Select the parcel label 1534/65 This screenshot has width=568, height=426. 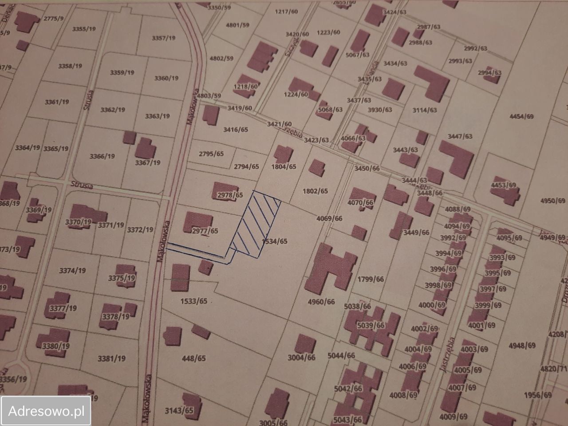coord(275,241)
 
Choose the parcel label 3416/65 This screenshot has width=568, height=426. coord(236,130)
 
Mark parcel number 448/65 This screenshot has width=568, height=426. coord(194,358)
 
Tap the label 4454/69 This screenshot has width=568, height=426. coord(521,116)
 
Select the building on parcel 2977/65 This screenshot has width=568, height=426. coord(197,221)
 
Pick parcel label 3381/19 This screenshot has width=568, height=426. coord(111,358)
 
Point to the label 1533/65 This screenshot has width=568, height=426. coord(194,301)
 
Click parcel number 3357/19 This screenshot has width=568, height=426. coord(164,38)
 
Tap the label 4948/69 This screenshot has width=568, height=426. coord(522,345)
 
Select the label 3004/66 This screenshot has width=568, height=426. coord(301,357)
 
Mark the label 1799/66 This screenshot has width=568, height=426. coord(370,279)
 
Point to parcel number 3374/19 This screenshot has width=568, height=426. coord(72,270)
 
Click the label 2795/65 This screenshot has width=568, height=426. coord(211,154)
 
